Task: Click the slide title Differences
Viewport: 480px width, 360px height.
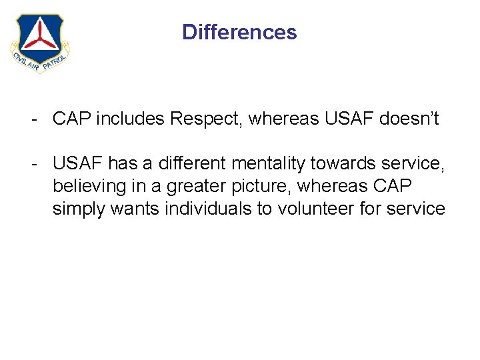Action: [239, 32]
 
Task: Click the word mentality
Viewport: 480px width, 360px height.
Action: [272, 162]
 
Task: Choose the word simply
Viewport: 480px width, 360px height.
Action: [78, 209]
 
